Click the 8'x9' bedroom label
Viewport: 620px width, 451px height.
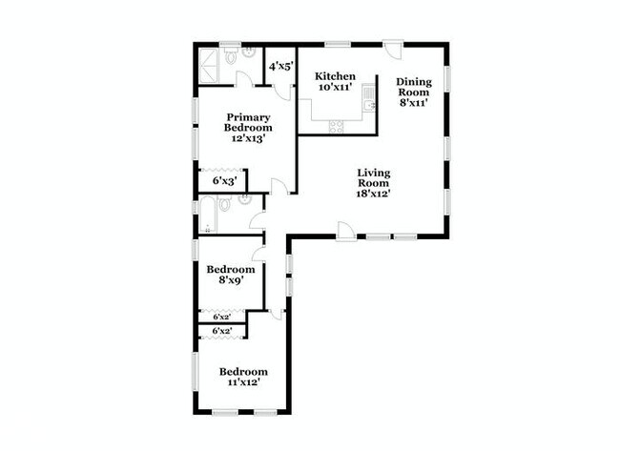point(230,276)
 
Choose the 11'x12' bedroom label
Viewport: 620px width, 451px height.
point(243,377)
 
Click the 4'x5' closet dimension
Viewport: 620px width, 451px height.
point(279,67)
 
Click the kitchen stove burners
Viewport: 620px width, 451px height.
point(336,124)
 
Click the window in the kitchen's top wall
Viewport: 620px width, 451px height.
point(337,44)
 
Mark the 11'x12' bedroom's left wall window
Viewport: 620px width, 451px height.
point(196,372)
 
